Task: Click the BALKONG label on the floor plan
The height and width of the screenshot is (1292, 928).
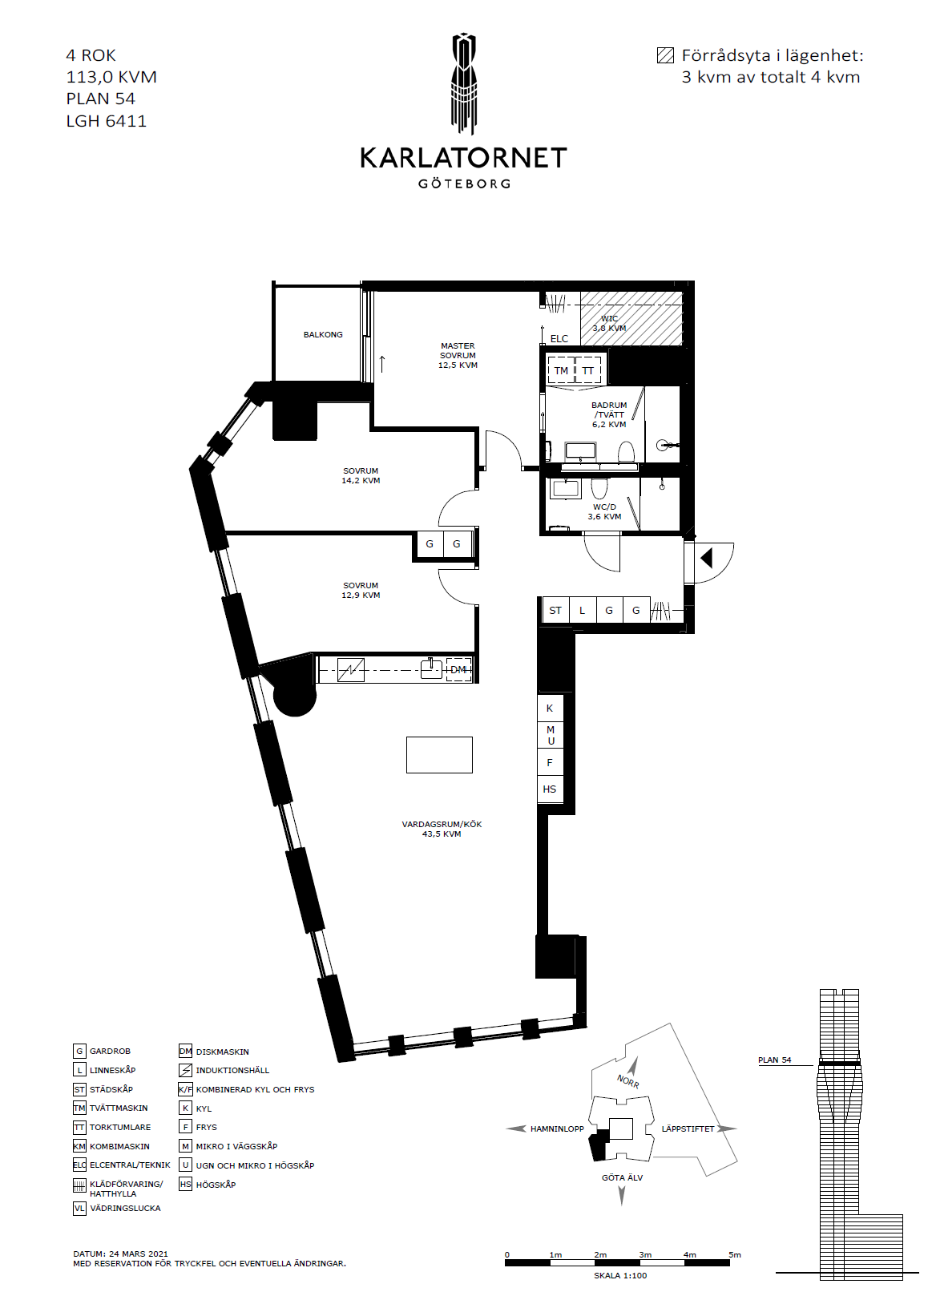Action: [x=323, y=334]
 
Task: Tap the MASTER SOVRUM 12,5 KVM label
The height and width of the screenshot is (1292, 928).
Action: [x=458, y=355]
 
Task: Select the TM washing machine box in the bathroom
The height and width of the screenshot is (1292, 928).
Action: [x=561, y=370]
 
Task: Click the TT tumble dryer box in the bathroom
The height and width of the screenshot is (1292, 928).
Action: [x=588, y=370]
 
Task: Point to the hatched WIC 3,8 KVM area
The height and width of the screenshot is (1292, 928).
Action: [x=631, y=318]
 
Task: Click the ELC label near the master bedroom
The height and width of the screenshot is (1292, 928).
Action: [x=559, y=338]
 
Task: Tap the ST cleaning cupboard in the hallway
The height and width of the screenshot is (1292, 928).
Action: [x=555, y=610]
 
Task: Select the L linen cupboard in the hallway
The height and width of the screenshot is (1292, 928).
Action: [x=583, y=610]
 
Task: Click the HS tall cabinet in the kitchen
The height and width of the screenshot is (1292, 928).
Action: [x=550, y=789]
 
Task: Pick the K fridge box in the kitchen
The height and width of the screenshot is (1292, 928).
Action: [x=550, y=709]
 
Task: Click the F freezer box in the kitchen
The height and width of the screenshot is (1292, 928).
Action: [x=550, y=762]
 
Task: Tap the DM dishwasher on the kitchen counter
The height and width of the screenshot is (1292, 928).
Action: [x=458, y=670]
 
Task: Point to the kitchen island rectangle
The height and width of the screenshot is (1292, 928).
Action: [x=439, y=754]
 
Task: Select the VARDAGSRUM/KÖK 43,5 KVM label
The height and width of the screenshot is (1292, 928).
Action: [x=442, y=829]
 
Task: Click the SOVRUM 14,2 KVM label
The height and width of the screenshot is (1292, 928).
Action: [x=361, y=475]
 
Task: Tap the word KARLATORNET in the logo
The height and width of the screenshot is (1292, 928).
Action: [x=464, y=158]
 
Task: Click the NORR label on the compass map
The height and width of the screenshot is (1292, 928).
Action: [x=628, y=1081]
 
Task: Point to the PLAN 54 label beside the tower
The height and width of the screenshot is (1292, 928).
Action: [x=775, y=1060]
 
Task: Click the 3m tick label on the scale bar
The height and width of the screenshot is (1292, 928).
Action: [x=645, y=1254]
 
